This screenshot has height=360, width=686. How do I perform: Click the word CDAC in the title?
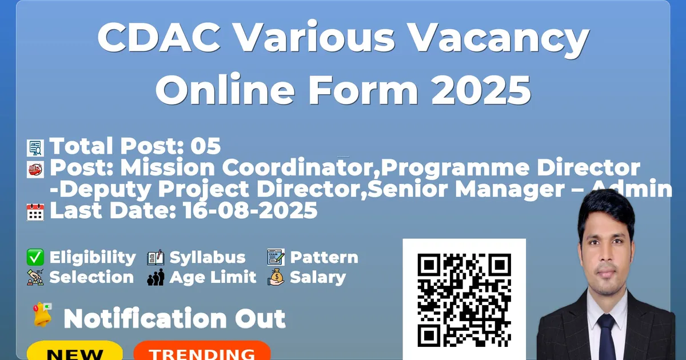[x=159, y=38]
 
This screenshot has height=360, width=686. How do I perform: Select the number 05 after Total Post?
[x=205, y=146]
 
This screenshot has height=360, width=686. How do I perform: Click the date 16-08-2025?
[x=250, y=210]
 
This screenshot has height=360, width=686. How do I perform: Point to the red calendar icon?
[x=35, y=212]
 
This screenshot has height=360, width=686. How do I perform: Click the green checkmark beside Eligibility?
[x=35, y=257]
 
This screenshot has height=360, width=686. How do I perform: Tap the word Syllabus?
[x=208, y=258]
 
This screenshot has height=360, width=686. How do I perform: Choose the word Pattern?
[x=324, y=258]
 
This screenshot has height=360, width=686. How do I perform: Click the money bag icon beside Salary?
[x=276, y=277]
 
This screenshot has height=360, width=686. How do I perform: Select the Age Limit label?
[x=213, y=277]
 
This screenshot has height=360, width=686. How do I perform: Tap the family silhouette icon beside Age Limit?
[x=155, y=277]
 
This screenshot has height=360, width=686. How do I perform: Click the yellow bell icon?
[x=42, y=315]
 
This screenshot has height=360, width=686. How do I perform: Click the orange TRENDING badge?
[x=202, y=351]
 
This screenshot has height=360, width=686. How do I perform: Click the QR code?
[x=464, y=300]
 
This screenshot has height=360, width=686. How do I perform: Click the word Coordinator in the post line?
[x=301, y=167]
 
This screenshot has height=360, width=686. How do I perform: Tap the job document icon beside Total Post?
[x=35, y=148]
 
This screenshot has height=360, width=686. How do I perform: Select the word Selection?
[x=91, y=277]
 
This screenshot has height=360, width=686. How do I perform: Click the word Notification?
[x=145, y=319]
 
